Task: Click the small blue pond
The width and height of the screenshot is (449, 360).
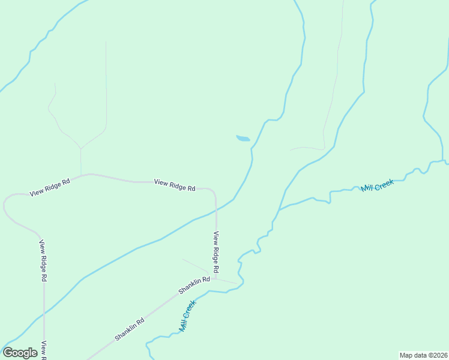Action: pos(243,139)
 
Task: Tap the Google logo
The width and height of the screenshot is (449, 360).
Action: pos(20,353)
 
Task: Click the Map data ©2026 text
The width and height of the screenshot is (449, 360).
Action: pos(423,355)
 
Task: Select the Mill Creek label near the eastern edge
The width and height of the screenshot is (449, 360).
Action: pos(377,185)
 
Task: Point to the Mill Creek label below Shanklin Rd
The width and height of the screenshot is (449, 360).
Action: pos(188,316)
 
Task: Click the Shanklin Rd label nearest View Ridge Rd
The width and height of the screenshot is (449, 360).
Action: pos(194,286)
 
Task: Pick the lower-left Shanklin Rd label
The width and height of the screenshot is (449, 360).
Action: pos(130,329)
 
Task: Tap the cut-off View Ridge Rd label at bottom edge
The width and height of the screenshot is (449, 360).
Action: pos(44,351)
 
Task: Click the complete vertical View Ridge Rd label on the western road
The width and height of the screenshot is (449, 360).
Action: pos(43,261)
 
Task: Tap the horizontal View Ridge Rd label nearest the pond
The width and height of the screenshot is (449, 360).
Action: pos(175,185)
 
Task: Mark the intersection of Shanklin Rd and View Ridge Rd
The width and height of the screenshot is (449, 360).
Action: pos(215,279)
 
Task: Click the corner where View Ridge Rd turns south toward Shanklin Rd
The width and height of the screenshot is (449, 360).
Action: pos(214,191)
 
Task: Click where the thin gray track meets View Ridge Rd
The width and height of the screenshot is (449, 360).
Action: pos(81,175)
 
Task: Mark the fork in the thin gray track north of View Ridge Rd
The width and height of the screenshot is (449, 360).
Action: pos(81,148)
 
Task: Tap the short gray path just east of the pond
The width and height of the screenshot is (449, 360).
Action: pos(306,148)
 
